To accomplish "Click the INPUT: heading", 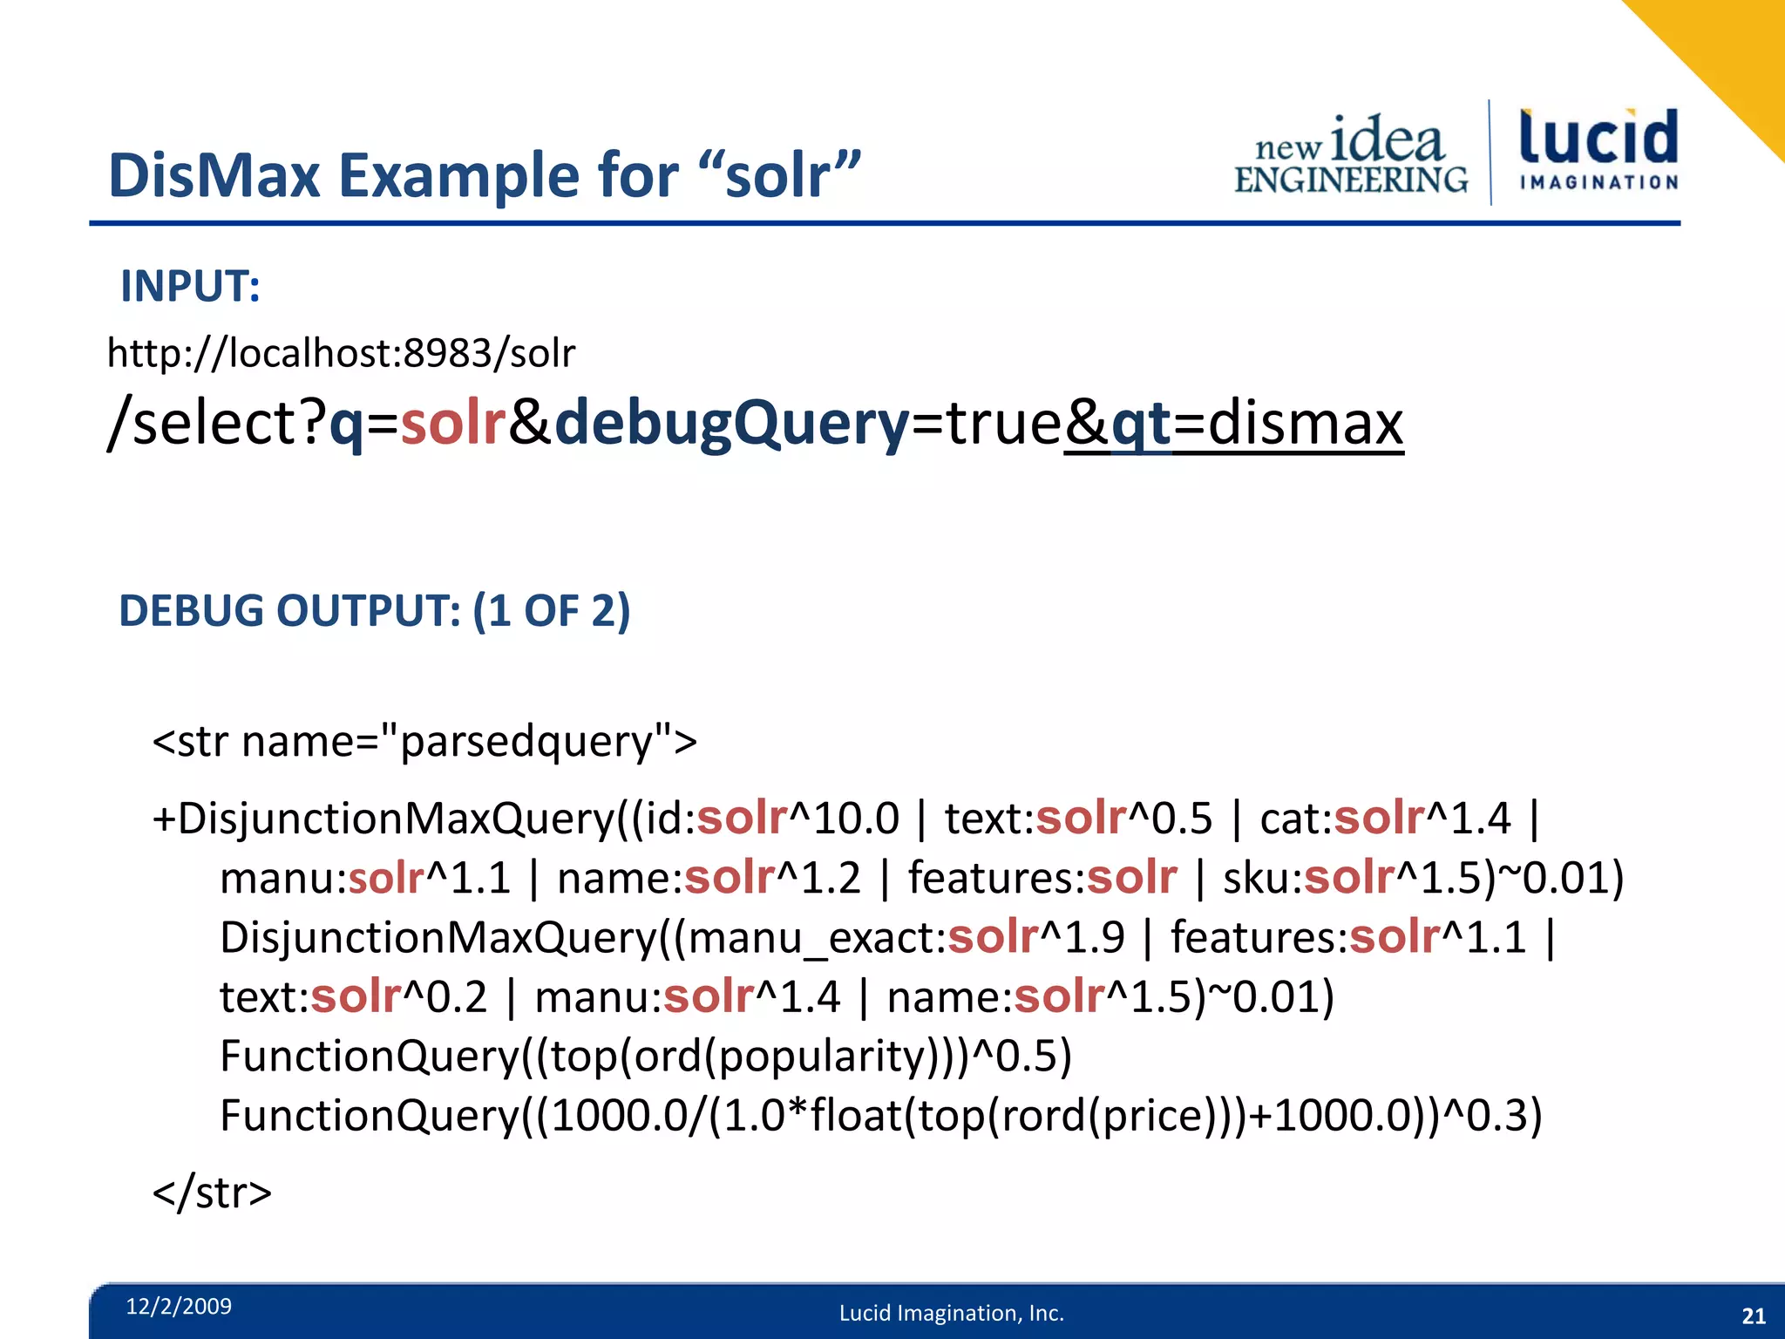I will [190, 286].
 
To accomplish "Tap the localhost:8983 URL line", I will [341, 353].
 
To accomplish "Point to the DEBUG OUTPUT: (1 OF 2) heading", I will [374, 610].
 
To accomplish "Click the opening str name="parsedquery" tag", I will [424, 742].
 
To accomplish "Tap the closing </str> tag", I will [212, 1192].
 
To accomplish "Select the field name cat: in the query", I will [1296, 819].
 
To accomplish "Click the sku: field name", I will [1261, 878].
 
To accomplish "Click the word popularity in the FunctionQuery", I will [820, 1057].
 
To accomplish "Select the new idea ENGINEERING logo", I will [1350, 154].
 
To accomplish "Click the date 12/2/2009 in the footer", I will [179, 1306].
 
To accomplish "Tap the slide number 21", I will [1753, 1315].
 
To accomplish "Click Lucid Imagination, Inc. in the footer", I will [951, 1313].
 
